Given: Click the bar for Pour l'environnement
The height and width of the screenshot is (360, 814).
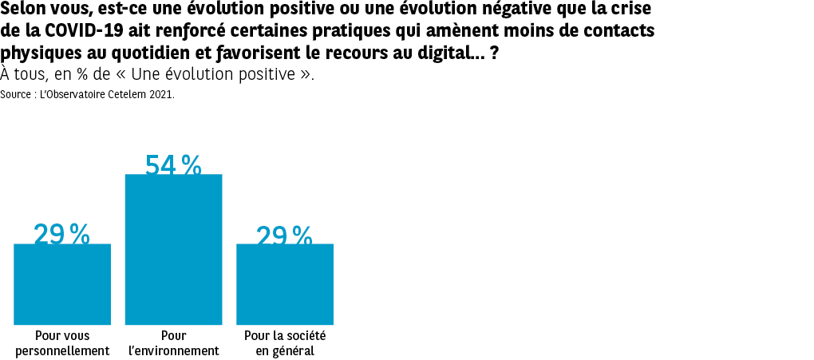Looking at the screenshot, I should tap(173, 249).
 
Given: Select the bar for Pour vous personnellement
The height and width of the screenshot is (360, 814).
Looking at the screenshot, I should tap(62, 284).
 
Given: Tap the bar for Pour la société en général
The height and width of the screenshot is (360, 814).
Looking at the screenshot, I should tap(285, 284).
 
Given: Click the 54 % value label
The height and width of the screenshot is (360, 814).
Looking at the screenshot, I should tap(173, 164).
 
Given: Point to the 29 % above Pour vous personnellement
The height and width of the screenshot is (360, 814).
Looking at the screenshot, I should tap(61, 233).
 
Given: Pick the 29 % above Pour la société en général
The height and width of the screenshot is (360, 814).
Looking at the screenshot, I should tap(284, 235).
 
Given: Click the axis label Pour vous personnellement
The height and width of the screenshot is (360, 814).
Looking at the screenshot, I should tap(62, 343).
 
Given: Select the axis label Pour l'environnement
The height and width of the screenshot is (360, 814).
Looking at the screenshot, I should tap(173, 343).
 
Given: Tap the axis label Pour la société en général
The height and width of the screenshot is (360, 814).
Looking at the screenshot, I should tap(285, 343).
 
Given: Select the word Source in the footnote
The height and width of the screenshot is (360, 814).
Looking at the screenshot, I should tap(17, 94).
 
